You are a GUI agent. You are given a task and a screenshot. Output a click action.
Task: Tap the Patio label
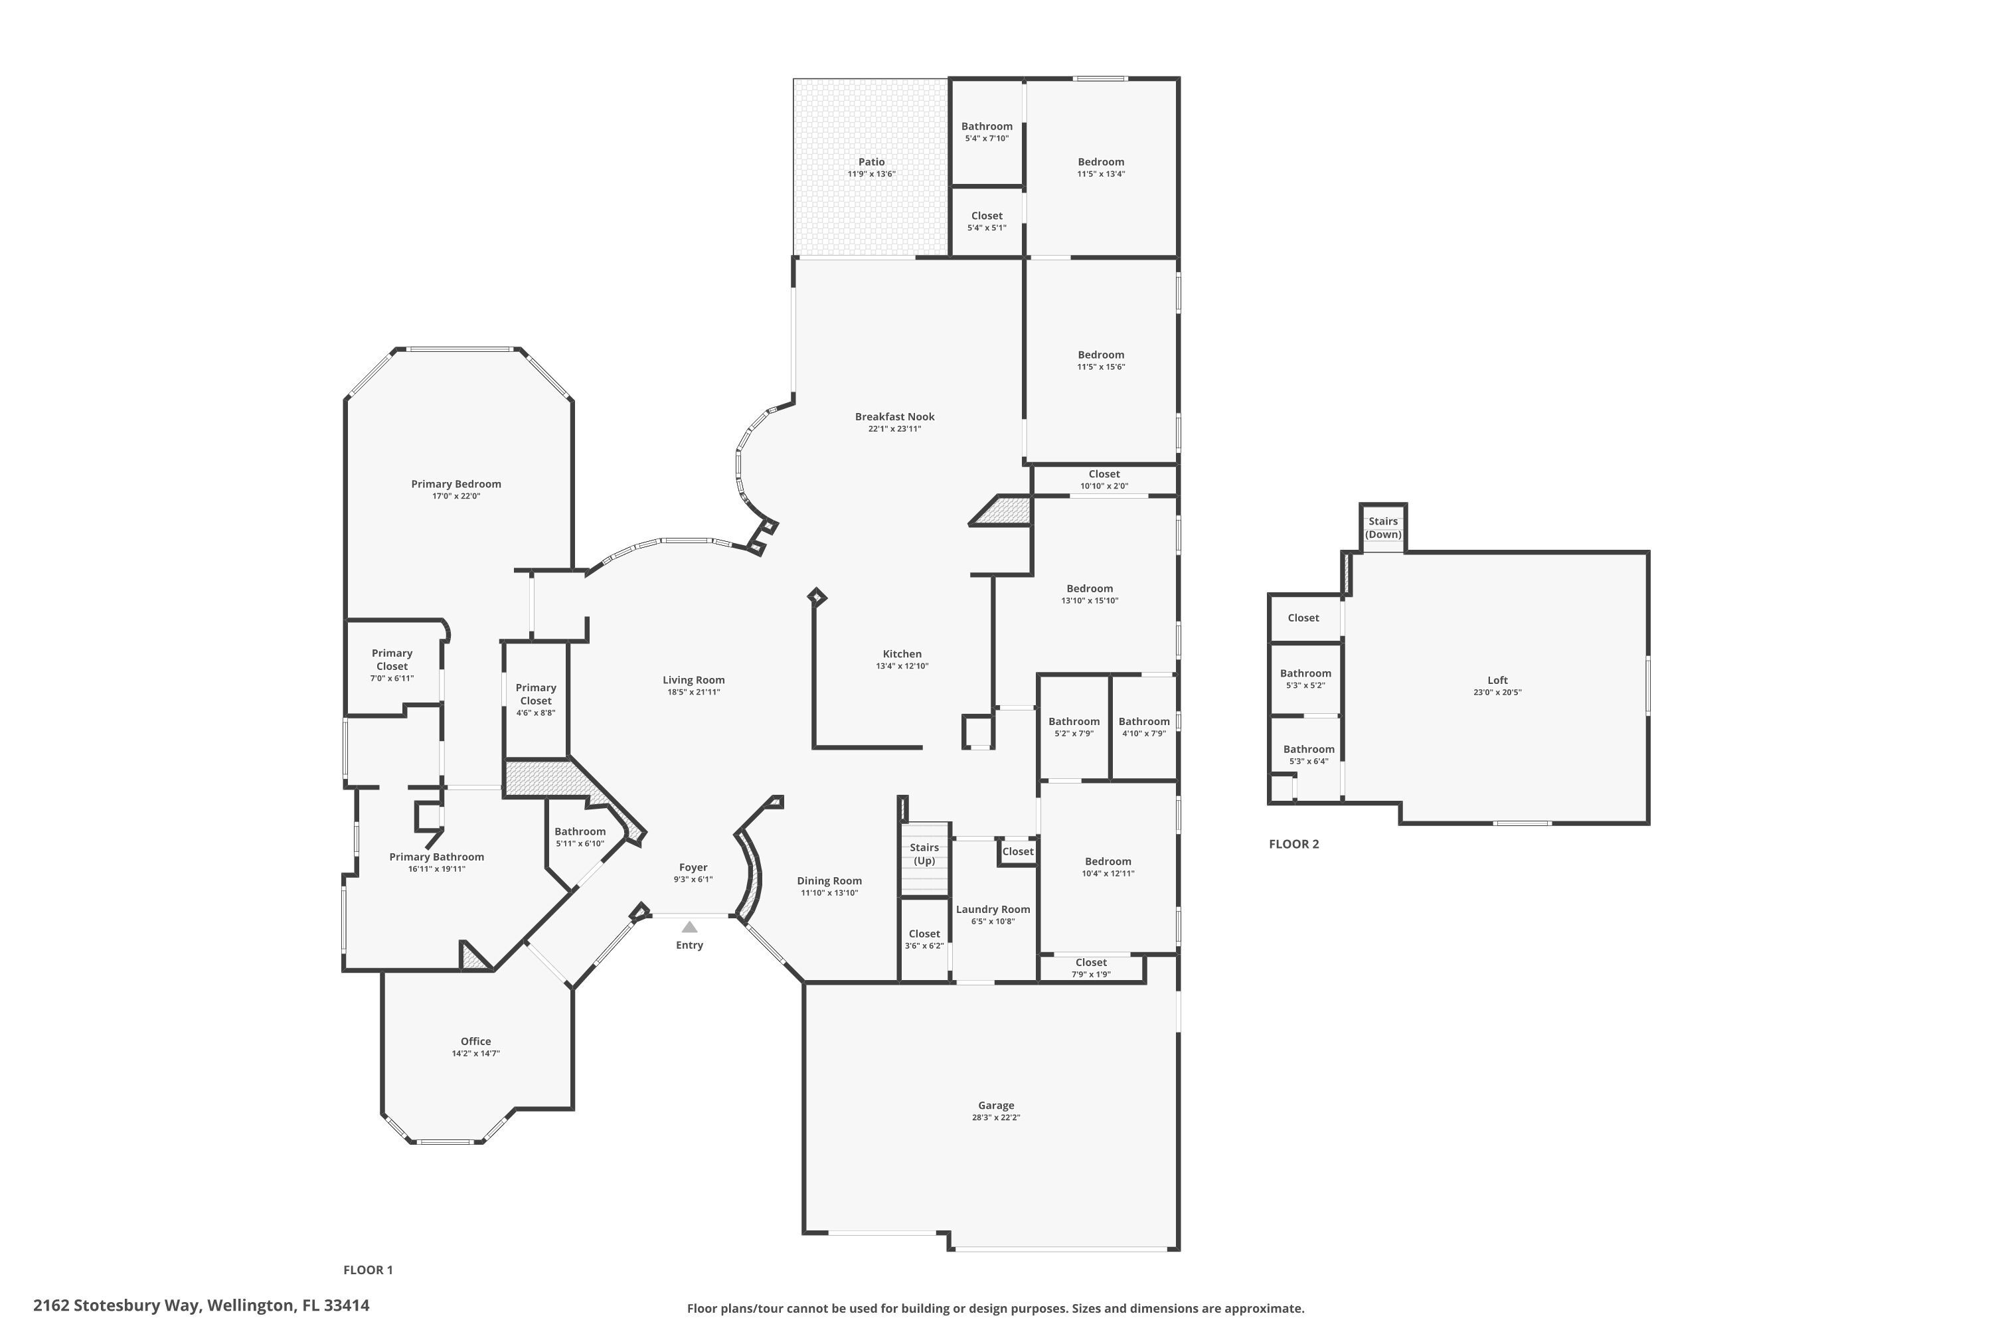point(871,162)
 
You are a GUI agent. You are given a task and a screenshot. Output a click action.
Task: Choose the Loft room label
point(1497,680)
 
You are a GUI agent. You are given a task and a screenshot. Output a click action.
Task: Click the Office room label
point(475,1042)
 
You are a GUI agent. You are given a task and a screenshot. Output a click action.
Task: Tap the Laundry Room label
point(993,910)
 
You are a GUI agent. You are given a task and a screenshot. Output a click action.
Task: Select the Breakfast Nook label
point(894,417)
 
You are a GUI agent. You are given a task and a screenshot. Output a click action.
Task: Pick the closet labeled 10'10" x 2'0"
point(1104,479)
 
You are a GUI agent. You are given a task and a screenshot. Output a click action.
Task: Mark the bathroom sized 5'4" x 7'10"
point(986,131)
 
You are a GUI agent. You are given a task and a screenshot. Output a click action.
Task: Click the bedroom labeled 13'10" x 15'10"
point(1089,594)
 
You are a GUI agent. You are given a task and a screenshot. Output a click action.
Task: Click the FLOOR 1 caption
point(368,1270)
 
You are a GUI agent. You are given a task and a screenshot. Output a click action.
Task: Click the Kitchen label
point(901,654)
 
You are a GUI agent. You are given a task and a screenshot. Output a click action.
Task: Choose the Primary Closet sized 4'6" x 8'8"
point(535,700)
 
